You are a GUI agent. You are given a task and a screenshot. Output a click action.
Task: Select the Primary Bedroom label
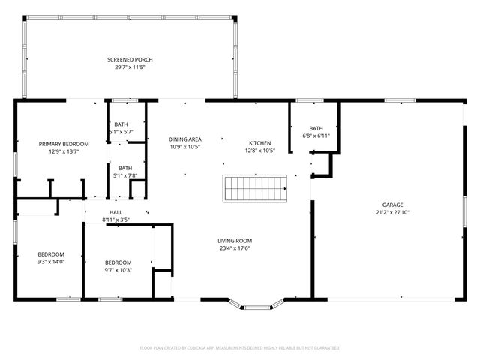pos(64,144)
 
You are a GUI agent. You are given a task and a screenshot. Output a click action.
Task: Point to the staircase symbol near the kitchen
pos(255,188)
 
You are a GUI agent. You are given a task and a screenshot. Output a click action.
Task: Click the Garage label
pos(393,205)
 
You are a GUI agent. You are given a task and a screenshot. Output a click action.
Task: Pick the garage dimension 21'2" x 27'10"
pos(393,212)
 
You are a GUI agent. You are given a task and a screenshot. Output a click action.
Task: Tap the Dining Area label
pos(184,139)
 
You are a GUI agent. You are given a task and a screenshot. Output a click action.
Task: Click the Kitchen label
pos(260,143)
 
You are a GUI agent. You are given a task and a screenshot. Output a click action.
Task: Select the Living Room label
pos(235,241)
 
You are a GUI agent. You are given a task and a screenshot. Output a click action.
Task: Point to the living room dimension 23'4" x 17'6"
pos(235,248)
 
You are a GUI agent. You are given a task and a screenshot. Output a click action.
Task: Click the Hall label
pos(116,212)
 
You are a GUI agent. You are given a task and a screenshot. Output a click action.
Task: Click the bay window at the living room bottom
pos(256,305)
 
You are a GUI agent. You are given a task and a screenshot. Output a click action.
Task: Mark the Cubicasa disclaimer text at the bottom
pos(240,348)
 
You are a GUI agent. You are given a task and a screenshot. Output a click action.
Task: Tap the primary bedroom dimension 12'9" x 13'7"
pos(64,151)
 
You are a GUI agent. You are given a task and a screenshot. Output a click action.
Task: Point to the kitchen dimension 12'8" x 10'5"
pos(260,151)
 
